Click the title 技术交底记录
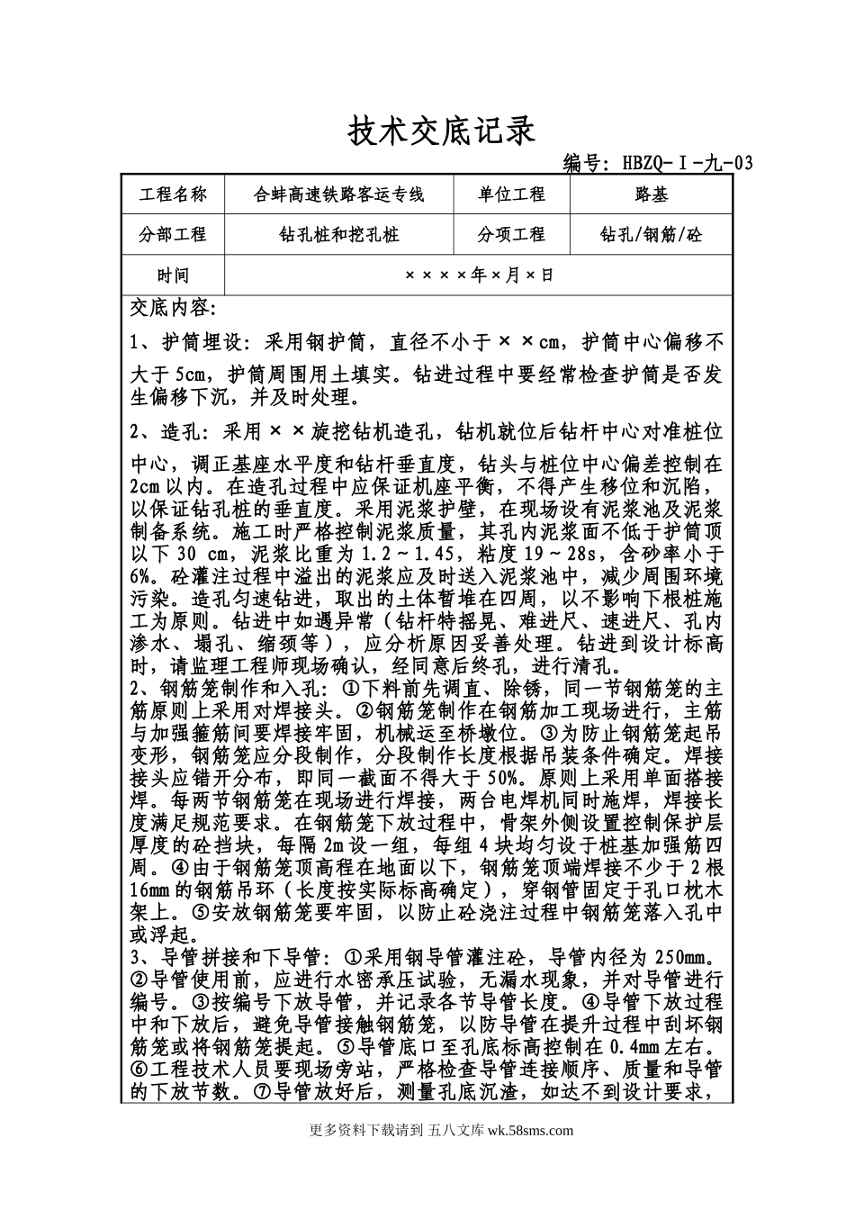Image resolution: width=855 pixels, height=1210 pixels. pos(441,131)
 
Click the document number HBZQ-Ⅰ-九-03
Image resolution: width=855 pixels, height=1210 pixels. pos(657,163)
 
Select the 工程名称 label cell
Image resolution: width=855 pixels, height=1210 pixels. pos(173,194)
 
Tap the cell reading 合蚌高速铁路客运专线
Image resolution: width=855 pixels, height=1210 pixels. pos(339,194)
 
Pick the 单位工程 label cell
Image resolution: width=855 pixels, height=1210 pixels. pos(511,194)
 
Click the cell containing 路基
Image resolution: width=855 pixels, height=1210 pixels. pos(652,194)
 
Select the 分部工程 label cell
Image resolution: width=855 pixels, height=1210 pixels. pos(173,235)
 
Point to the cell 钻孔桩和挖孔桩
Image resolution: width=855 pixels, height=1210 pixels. pos(339,235)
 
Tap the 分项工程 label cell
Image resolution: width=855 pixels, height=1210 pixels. pos(511,235)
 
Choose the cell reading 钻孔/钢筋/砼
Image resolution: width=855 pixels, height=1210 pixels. pos(652,235)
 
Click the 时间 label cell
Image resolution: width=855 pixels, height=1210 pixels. pos(173,275)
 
